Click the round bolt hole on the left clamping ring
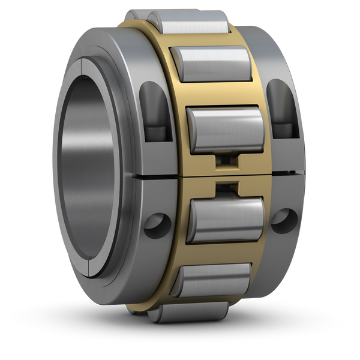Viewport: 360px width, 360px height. (155, 222)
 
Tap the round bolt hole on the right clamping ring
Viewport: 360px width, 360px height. (283, 217)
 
